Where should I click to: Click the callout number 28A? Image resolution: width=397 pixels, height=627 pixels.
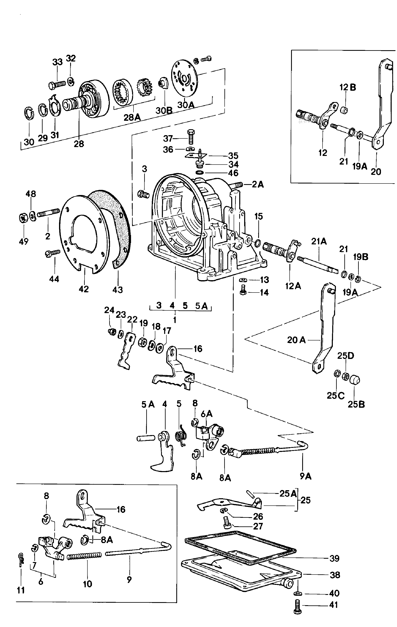pyautogui.click(x=132, y=117)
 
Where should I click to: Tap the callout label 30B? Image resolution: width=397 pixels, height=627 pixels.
pyautogui.click(x=164, y=110)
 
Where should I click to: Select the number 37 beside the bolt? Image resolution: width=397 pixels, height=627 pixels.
pyautogui.click(x=168, y=138)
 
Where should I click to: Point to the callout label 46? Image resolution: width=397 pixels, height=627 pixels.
pyautogui.click(x=233, y=173)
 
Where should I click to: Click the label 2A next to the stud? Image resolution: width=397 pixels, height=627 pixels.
pyautogui.click(x=258, y=184)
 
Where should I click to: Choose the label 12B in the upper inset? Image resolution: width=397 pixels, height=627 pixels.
pyautogui.click(x=348, y=87)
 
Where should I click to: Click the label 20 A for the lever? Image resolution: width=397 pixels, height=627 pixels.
pyautogui.click(x=296, y=340)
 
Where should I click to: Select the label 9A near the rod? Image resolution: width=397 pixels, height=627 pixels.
pyautogui.click(x=306, y=476)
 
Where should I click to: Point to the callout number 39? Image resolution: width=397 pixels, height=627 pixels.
pyautogui.click(x=334, y=558)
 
